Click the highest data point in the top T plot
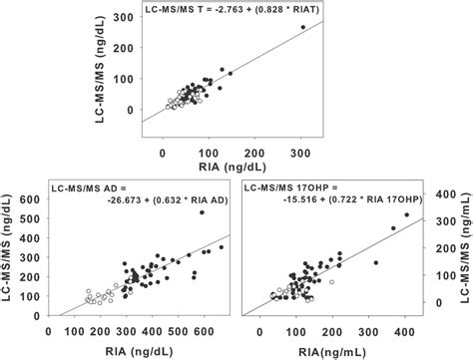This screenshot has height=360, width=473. [303, 27]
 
